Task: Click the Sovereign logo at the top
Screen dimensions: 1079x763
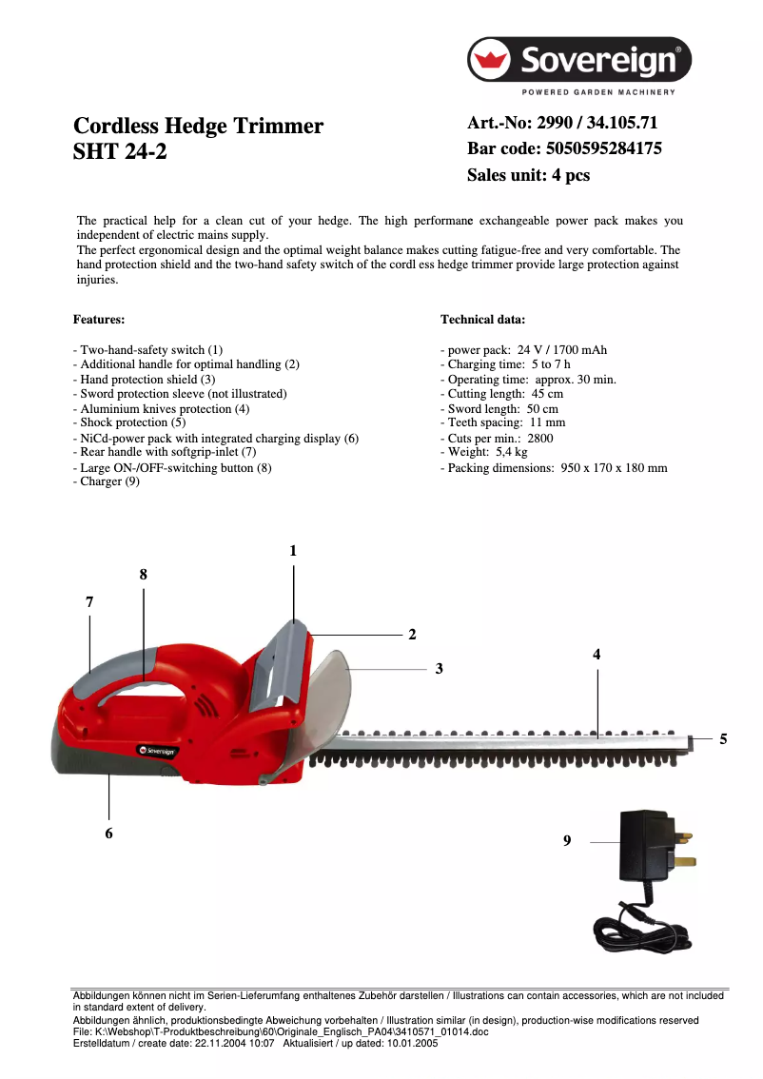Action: tap(578, 62)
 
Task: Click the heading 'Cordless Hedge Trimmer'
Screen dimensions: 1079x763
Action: tap(198, 127)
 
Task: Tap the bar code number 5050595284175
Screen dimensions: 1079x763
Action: tap(603, 148)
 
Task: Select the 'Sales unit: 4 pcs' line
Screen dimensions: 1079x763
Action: tap(528, 175)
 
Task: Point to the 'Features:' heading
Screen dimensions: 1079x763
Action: tap(99, 320)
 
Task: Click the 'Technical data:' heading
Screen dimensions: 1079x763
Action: tap(482, 320)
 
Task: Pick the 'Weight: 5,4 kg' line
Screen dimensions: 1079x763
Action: tap(483, 452)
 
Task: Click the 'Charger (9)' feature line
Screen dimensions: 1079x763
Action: tap(107, 481)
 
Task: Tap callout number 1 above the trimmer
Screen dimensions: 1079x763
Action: tap(293, 551)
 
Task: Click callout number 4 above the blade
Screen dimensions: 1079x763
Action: tap(597, 655)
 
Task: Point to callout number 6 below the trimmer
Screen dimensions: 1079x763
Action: tap(108, 833)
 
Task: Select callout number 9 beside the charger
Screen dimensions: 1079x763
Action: tap(567, 841)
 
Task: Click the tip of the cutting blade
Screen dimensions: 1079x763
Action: tap(693, 738)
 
